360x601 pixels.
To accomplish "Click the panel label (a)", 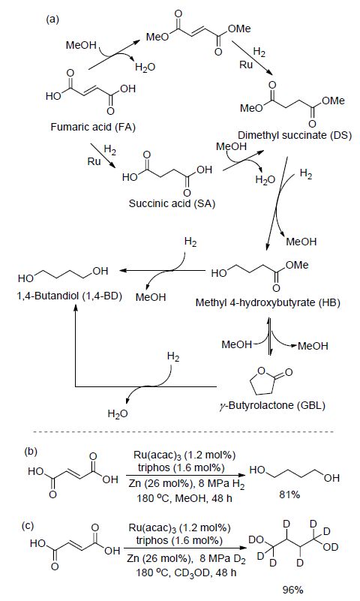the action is (52, 20).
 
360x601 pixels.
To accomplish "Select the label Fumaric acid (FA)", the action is (93, 127).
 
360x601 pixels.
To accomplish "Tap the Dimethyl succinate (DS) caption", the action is (295, 135).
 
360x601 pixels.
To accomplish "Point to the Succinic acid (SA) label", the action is (172, 203).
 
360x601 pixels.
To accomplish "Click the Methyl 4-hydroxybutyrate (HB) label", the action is (268, 302).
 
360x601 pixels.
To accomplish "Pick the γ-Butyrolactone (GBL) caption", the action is (272, 405).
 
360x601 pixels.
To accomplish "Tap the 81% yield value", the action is (289, 494).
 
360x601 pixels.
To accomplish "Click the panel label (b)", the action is (31, 451).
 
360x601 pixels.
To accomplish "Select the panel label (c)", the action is (28, 526).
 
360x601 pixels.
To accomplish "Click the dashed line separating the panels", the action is (184, 432).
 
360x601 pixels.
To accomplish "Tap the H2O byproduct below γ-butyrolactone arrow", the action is (118, 413).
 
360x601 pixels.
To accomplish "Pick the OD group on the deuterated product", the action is (331, 547).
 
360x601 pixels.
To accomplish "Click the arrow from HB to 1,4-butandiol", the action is (163, 271).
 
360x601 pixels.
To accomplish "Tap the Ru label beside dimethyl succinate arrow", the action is (246, 65).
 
